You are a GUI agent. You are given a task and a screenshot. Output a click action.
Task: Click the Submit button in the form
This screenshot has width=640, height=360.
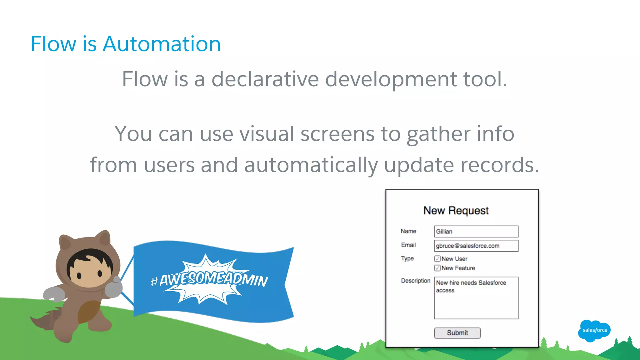[457, 333]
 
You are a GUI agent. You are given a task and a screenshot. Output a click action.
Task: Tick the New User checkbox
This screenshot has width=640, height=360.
[437, 259]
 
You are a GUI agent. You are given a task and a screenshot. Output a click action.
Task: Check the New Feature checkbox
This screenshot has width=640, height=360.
[437, 268]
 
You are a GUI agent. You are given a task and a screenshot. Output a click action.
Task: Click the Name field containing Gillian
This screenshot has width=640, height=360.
[476, 232]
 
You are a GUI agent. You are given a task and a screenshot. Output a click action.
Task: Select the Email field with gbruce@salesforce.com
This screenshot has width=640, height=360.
[476, 246]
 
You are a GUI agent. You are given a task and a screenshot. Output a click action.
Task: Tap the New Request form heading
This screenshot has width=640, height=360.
[456, 211]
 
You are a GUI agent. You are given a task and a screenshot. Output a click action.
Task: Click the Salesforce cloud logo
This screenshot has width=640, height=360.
[594, 330]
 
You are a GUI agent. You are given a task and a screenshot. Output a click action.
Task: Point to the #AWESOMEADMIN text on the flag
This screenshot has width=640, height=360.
[209, 279]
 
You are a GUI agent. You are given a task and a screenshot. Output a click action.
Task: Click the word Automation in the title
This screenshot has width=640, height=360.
[162, 44]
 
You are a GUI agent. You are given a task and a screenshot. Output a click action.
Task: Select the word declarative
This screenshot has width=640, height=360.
[265, 79]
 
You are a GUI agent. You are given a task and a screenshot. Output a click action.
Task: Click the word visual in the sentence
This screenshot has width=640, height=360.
[267, 134]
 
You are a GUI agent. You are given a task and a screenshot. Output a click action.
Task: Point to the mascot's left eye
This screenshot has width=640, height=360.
[79, 275]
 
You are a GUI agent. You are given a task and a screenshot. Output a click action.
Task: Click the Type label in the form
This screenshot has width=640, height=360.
[407, 258]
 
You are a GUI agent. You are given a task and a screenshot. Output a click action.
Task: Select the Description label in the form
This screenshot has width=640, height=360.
[416, 281]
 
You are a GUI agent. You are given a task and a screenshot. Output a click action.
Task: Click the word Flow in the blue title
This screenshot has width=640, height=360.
[53, 44]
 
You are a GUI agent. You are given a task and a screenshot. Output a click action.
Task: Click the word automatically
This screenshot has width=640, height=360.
[311, 165]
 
